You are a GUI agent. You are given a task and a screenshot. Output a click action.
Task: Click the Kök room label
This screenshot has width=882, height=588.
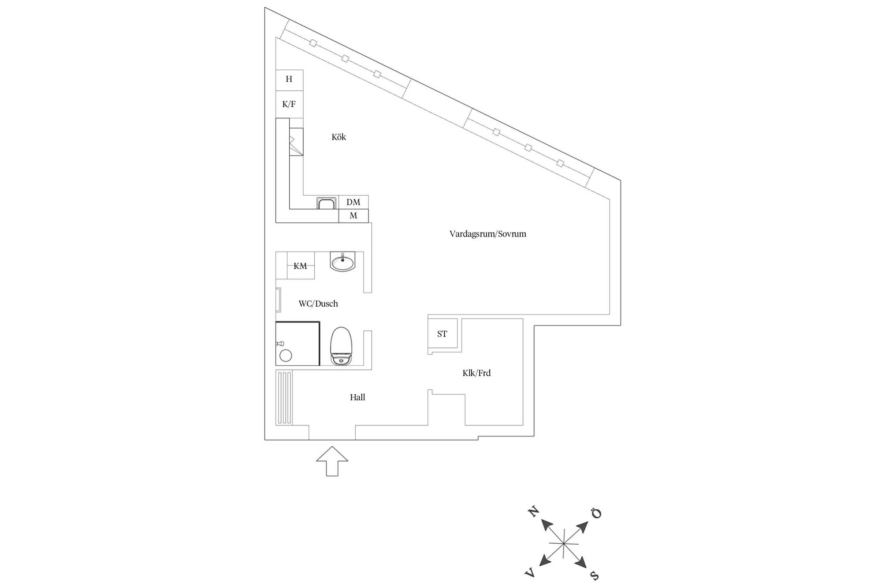point(339,137)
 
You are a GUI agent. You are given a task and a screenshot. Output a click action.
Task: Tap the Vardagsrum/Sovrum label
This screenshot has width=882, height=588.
point(488,234)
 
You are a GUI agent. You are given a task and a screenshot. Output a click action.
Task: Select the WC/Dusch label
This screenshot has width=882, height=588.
point(318,304)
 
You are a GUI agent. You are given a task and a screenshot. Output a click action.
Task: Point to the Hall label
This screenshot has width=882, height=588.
point(357,397)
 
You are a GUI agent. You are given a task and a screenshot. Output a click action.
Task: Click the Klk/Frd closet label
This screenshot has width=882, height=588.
point(476,373)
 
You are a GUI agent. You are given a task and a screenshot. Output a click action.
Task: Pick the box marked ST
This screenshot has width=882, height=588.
point(442,334)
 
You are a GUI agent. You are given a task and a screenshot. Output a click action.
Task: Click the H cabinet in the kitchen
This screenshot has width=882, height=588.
point(289,80)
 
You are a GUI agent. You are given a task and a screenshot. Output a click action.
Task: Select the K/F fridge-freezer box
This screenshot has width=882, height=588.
point(289,104)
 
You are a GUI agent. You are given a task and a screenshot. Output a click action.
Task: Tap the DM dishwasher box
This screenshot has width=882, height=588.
point(353,202)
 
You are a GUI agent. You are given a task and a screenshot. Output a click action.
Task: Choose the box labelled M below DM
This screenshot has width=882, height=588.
point(353,216)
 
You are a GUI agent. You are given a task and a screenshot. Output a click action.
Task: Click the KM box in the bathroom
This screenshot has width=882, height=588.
point(300,266)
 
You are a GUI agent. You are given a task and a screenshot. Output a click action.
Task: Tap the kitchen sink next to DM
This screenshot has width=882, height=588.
point(326,203)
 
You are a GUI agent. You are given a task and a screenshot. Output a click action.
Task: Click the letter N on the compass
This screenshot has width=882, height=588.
point(533,512)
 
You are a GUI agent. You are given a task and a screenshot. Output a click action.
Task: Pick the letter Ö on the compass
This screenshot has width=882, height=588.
point(596,513)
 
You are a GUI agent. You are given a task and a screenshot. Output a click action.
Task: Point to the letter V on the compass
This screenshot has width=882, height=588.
point(530,572)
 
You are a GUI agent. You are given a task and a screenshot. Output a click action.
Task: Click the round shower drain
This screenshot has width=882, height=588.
point(286,355)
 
